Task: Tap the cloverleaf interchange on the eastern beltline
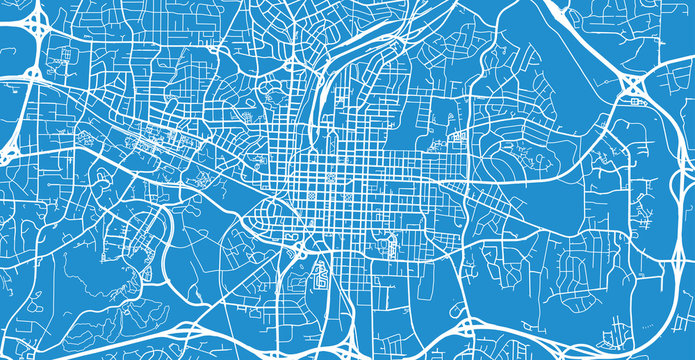coord(633,88)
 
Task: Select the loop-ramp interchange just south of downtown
coord(298,243)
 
